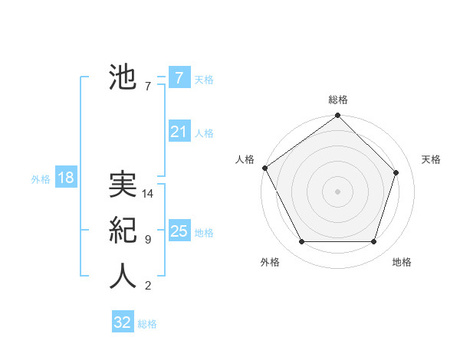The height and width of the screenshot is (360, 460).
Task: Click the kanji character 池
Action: coord(123,77)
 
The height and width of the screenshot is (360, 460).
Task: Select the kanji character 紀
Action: coord(123,231)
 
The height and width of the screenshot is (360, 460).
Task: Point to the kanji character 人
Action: coord(123,277)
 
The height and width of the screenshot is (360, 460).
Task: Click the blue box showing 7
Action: coord(179,78)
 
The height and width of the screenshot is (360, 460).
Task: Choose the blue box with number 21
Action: coord(179,132)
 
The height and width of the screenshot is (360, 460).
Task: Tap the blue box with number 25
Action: coord(179,231)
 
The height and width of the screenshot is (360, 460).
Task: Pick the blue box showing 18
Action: coord(65,178)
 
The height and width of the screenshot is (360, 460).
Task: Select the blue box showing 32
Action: coord(123,322)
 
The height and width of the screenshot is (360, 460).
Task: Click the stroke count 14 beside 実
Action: coord(148,194)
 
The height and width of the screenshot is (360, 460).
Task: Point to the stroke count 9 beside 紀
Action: coord(147,240)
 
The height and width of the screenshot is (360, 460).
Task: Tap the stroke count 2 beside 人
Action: coord(147,286)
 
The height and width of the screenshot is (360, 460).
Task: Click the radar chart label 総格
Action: coord(337,100)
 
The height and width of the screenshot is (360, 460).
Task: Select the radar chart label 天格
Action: coord(431,159)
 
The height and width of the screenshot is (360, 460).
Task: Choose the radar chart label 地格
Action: coord(402,262)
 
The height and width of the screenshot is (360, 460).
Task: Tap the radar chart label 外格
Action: coord(270,262)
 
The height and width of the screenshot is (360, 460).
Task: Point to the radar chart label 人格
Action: coord(245,159)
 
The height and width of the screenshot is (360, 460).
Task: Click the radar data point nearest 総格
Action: coord(337,116)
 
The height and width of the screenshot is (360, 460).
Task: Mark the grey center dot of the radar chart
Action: coord(337,191)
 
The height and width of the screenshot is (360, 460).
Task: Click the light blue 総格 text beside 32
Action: coord(147,324)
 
